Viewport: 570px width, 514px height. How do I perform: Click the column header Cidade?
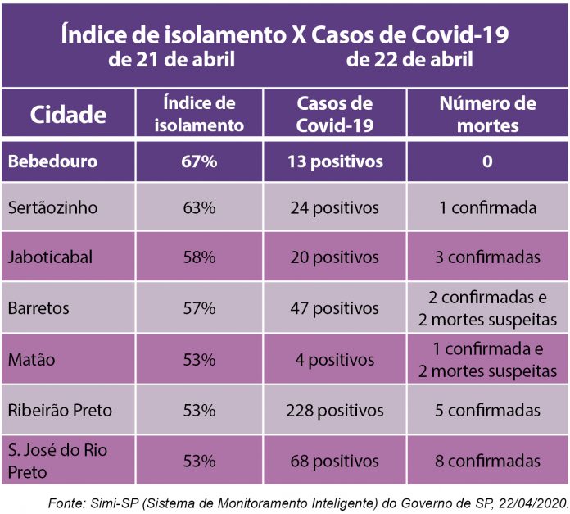69,114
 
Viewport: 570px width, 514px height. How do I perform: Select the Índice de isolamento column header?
199,114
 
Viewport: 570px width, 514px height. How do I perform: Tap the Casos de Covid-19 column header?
334,114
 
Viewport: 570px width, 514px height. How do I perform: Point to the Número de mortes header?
487,114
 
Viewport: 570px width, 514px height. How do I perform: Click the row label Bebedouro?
52,161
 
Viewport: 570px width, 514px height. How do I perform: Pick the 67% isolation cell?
199,161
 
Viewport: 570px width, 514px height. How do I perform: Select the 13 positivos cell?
334,161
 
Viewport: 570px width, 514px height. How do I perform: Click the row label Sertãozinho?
52,207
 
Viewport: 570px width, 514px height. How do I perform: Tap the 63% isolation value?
199,207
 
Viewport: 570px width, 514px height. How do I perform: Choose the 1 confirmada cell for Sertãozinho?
487,207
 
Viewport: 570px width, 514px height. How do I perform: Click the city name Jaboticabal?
51,257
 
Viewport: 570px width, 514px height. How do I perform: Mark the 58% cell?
199,257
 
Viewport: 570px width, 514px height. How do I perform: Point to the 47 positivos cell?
334,308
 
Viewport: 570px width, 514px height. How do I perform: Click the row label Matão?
31,359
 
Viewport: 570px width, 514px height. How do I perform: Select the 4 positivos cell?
334,359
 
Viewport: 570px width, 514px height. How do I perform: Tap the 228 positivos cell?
334,410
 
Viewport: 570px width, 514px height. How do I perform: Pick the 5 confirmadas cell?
487,410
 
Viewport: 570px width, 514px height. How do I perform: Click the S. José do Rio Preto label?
57,461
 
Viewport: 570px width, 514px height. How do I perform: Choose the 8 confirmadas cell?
487,461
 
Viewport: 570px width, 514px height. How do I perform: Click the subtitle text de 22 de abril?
409,60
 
